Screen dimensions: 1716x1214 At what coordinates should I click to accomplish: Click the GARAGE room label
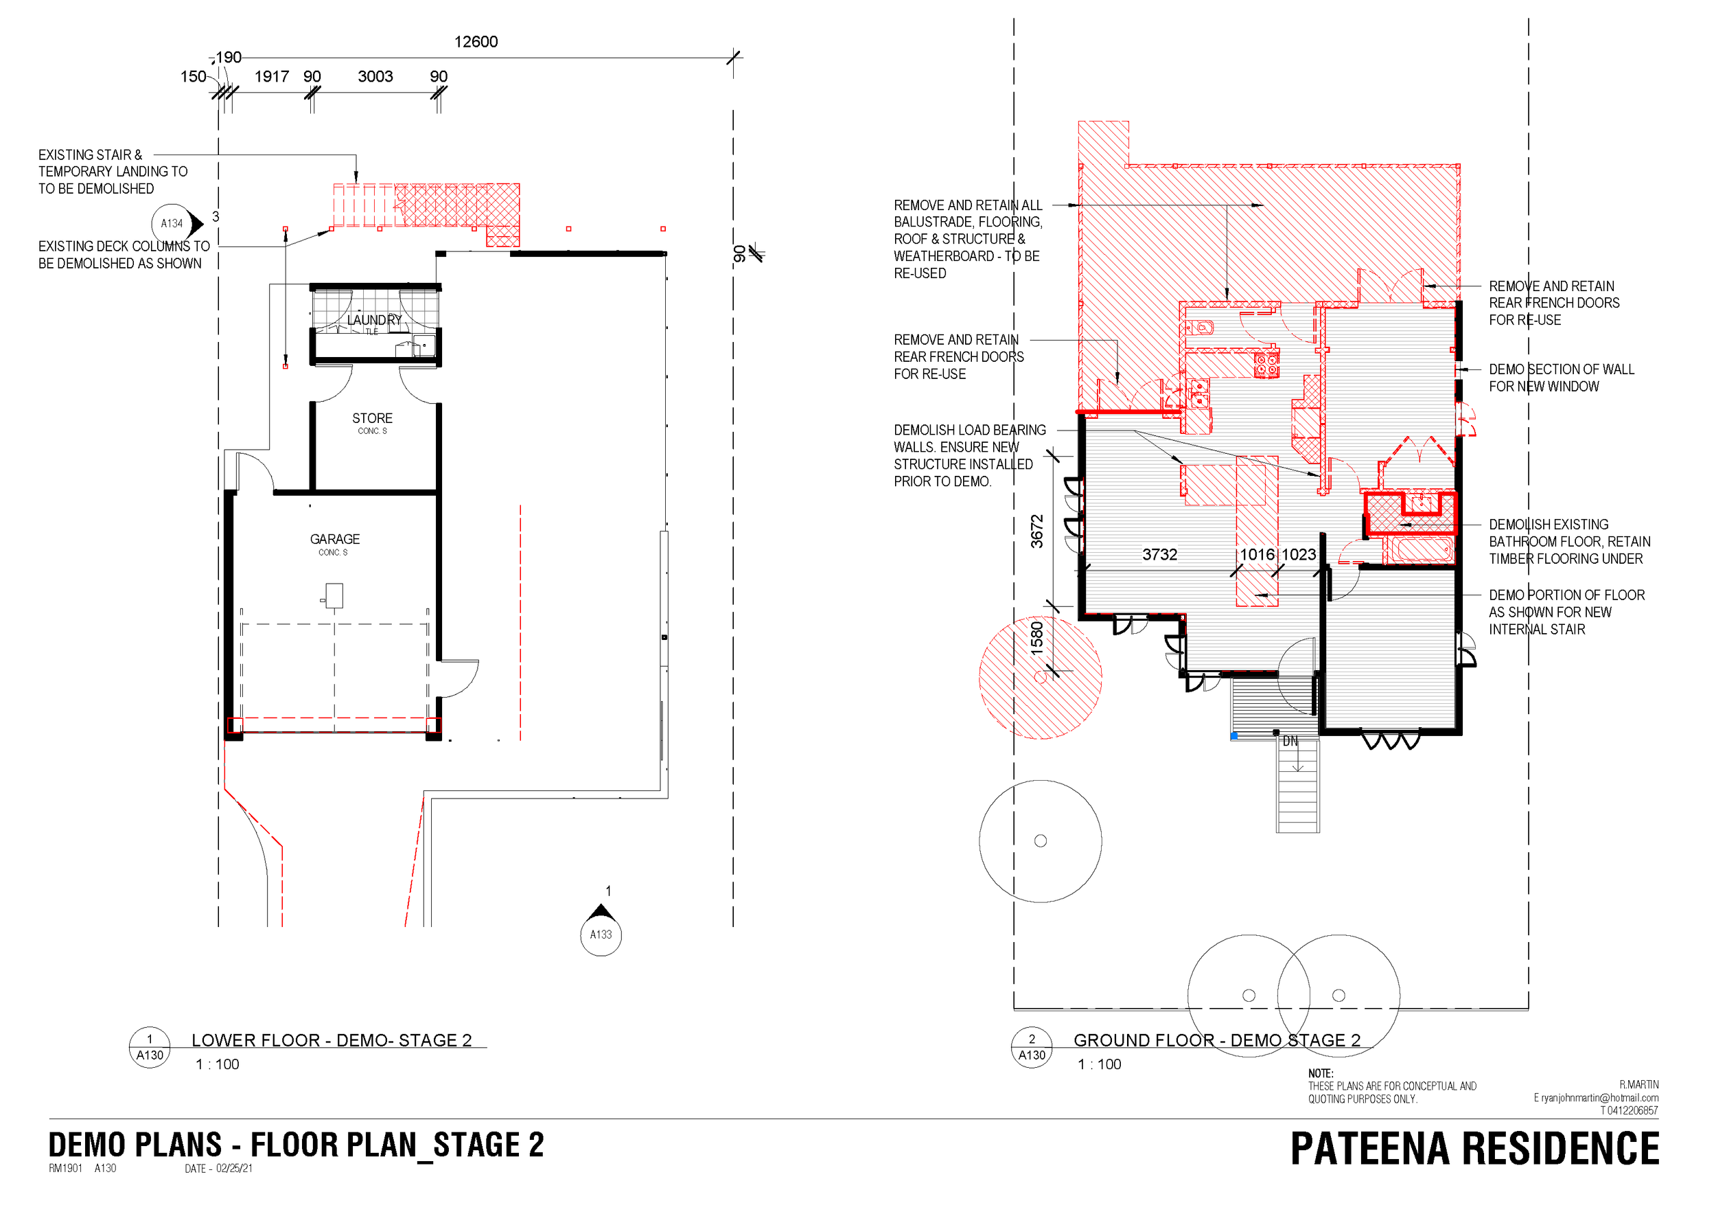point(335,539)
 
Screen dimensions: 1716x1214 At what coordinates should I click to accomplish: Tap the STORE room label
point(372,418)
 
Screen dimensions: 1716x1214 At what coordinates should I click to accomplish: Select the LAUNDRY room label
point(375,320)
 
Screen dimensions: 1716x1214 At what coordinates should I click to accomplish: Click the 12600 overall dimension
point(476,42)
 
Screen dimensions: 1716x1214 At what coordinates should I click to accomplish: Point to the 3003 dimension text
point(375,76)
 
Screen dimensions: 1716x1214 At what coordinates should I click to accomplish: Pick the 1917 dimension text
point(271,76)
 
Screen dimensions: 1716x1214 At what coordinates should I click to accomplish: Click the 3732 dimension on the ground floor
point(1159,554)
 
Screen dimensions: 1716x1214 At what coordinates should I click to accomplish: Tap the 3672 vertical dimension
point(1036,531)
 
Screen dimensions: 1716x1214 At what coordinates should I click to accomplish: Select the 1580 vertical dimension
point(1036,638)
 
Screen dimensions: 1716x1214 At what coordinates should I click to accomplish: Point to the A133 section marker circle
point(601,935)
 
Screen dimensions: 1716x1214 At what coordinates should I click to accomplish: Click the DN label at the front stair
point(1290,741)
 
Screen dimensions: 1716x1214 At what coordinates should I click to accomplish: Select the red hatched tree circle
point(1041,677)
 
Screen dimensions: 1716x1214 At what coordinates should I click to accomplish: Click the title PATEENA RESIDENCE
point(1474,1148)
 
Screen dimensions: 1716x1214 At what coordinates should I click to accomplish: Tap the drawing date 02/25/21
point(234,1169)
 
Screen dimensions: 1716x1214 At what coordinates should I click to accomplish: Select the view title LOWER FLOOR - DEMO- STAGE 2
point(332,1040)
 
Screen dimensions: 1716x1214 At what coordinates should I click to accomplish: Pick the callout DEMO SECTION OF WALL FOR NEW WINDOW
point(1562,378)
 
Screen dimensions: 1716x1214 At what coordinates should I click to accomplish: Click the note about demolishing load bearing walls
point(969,455)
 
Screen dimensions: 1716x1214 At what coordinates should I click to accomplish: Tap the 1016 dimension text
point(1257,554)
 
